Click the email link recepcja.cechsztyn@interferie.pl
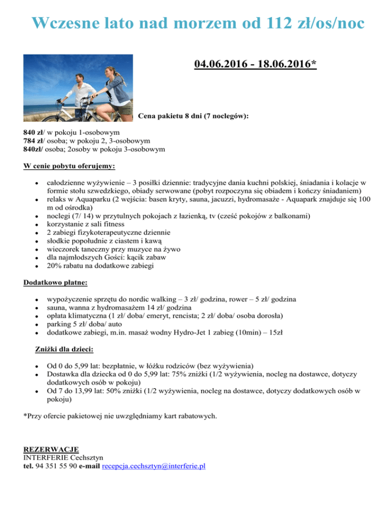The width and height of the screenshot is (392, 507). click(x=154, y=466)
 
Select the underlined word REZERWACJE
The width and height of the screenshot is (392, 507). click(x=52, y=449)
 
